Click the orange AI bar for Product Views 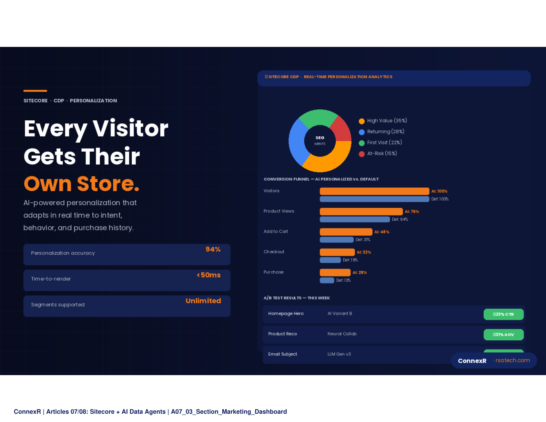(361, 211)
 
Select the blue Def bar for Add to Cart (336, 240)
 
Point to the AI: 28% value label (360, 272)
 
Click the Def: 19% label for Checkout (350, 260)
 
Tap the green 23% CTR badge (503, 314)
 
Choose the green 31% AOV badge (503, 334)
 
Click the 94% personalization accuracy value (213, 249)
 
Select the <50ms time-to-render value (209, 275)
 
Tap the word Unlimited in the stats (203, 301)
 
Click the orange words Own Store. (82, 183)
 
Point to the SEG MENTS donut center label (320, 141)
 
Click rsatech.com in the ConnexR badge (513, 360)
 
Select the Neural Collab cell (342, 334)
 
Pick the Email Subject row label (283, 354)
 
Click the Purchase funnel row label (274, 272)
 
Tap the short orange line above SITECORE (35, 91)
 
